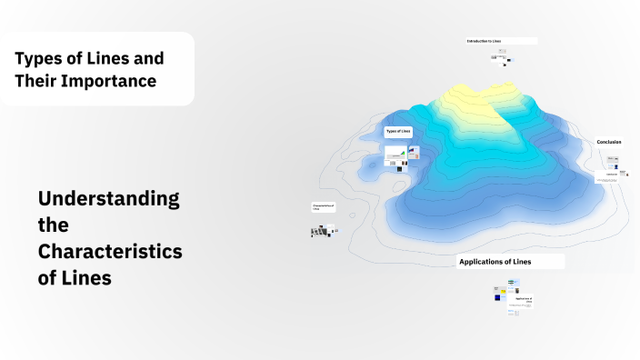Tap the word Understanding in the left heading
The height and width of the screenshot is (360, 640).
click(108, 198)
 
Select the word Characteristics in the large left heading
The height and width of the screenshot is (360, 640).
click(110, 252)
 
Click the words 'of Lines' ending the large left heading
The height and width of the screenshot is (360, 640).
click(75, 278)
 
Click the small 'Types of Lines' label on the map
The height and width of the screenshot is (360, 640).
click(398, 132)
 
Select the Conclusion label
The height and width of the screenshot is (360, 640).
click(609, 142)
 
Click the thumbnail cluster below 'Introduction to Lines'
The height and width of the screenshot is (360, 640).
click(501, 59)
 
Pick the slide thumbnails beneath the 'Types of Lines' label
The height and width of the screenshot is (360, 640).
click(401, 156)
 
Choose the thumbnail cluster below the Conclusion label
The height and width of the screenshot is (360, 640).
click(614, 167)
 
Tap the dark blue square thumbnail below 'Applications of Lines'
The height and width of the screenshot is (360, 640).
click(498, 297)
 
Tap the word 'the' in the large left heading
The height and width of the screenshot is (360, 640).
click(53, 225)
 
